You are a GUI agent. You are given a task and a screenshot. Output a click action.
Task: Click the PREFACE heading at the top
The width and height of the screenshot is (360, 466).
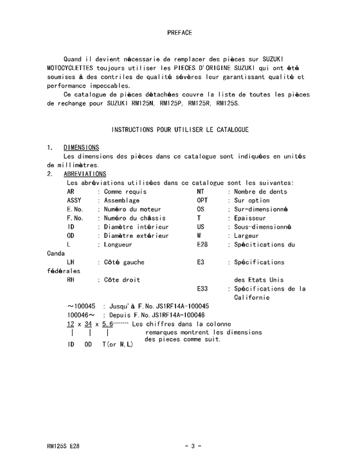click(179, 31)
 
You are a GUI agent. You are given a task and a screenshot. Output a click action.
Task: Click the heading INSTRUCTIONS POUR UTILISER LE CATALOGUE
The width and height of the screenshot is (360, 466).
click(180, 130)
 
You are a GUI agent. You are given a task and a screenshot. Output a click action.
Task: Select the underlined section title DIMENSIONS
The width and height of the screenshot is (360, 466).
click(81, 147)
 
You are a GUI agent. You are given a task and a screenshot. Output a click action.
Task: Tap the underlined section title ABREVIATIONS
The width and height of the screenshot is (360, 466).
click(85, 174)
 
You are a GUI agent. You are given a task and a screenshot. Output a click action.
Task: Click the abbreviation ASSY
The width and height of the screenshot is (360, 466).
click(75, 200)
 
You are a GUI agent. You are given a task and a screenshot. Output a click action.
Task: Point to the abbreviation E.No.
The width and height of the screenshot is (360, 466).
click(75, 209)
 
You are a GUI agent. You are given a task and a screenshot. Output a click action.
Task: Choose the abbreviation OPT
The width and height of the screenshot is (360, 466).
click(203, 200)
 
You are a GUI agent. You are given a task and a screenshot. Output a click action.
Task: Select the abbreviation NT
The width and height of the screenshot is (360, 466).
click(201, 191)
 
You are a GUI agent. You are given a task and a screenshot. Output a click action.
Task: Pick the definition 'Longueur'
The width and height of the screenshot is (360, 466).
click(118, 244)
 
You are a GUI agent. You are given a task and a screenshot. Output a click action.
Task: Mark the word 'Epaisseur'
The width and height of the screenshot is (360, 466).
click(251, 218)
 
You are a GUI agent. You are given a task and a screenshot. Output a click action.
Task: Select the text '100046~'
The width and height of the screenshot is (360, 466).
click(82, 315)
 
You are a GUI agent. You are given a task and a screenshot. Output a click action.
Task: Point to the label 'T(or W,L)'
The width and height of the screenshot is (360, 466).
click(118, 345)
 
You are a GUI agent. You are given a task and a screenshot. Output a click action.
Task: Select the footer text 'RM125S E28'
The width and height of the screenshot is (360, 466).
click(64, 445)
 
